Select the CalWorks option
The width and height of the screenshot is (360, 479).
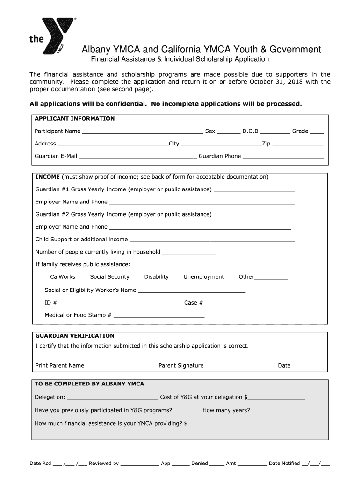[63, 277]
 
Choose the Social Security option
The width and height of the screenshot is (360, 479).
[109, 277]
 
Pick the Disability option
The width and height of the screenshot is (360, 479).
[156, 277]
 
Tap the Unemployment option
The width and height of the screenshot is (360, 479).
[203, 277]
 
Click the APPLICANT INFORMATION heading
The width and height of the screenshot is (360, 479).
[74, 119]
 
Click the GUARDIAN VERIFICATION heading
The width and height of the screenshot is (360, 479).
[75, 336]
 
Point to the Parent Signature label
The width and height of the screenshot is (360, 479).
[181, 366]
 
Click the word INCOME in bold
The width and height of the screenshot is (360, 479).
[48, 177]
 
